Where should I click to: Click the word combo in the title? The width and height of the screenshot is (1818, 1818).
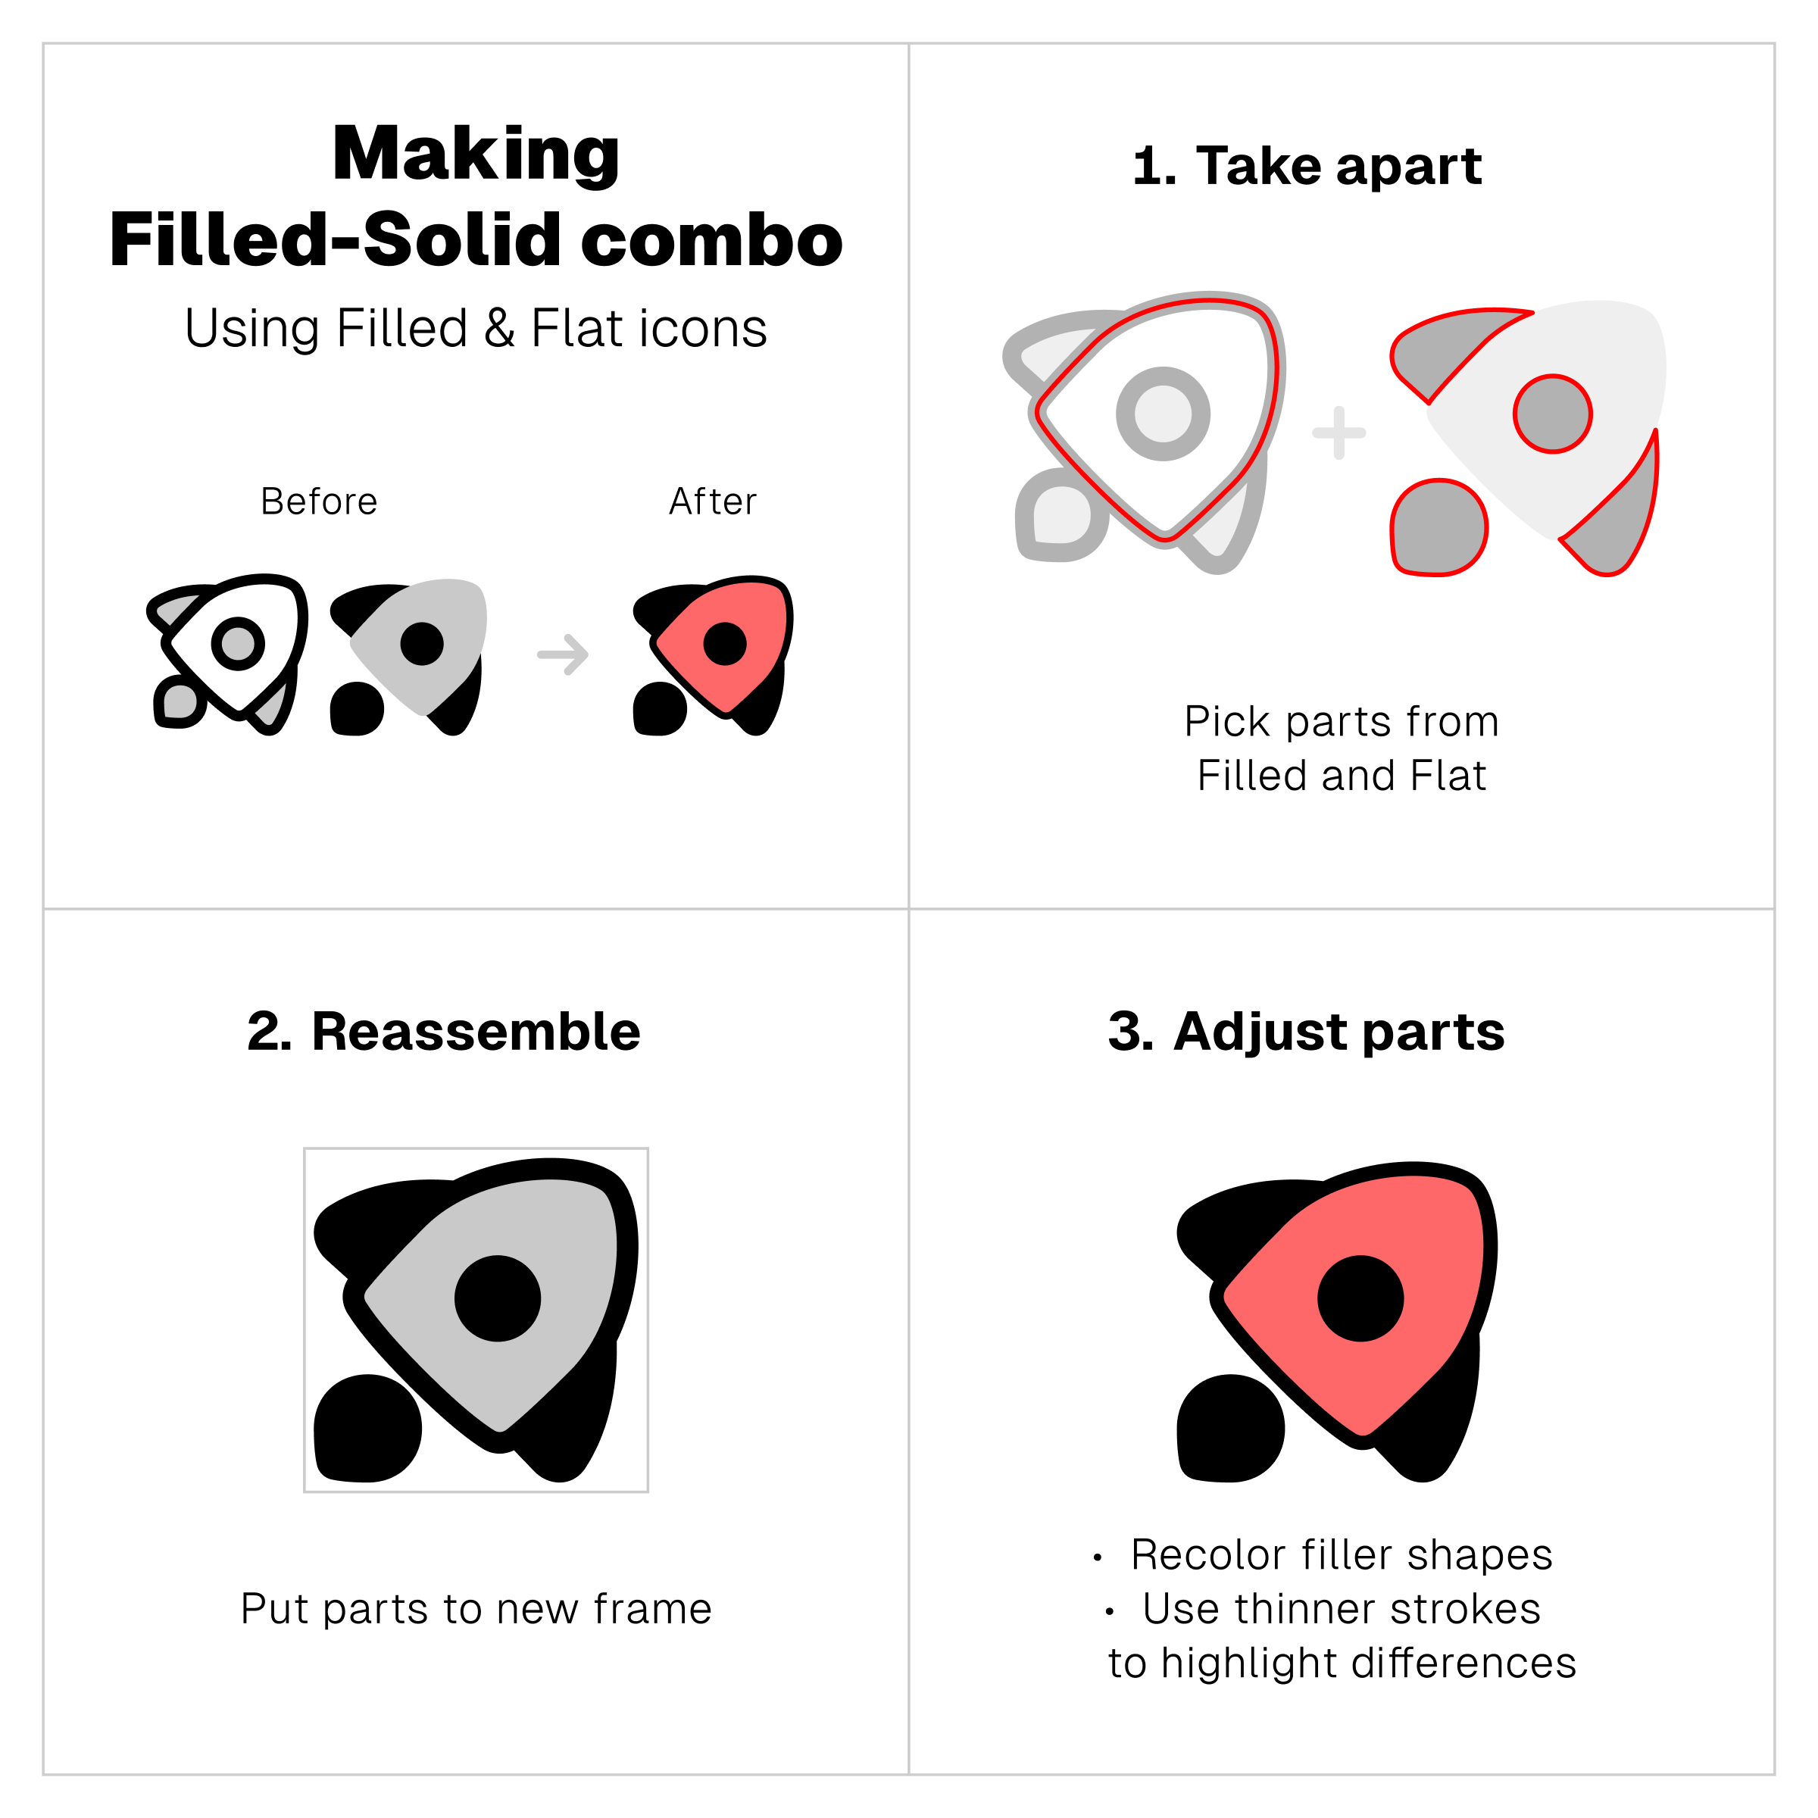point(711,240)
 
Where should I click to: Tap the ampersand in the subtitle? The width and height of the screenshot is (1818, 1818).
point(500,329)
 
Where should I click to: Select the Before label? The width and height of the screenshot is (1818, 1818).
point(319,501)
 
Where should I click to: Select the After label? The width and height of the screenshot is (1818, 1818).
point(712,501)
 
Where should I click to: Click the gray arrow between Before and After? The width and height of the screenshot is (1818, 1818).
point(563,654)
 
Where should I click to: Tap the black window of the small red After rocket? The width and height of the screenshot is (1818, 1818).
point(725,644)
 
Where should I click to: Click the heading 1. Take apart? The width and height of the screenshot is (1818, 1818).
point(1307,166)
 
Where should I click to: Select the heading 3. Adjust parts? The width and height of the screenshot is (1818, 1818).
point(1306,1032)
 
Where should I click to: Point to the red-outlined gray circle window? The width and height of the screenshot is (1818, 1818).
point(1553,414)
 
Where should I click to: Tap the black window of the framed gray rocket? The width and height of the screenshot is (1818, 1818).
point(498,1298)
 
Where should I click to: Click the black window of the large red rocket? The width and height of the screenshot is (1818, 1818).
point(1360,1298)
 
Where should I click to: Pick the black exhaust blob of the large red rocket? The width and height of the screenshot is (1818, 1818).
point(1231,1429)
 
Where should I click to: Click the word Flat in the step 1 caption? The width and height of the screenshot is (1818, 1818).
point(1449,776)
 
